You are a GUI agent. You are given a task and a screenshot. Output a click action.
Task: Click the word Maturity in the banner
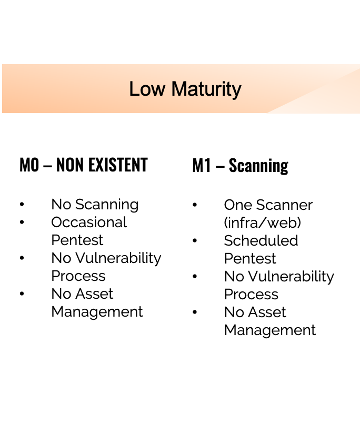(x=206, y=89)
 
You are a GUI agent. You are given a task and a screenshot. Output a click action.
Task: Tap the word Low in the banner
(x=147, y=89)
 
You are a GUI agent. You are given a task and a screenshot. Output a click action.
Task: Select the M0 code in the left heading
(x=29, y=165)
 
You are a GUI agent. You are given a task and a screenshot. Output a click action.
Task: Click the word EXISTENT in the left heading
(x=118, y=165)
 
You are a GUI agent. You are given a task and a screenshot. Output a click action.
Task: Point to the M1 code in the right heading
(x=202, y=166)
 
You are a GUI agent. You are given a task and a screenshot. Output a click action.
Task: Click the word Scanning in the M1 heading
(x=258, y=166)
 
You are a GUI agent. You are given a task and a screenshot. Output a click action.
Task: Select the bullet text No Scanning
(x=95, y=205)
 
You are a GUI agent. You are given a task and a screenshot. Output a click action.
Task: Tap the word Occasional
(x=89, y=222)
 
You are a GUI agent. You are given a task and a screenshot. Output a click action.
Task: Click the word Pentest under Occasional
(x=77, y=240)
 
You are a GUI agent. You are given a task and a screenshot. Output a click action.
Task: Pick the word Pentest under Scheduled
(x=250, y=259)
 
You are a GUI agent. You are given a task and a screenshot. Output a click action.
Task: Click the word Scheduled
(x=261, y=241)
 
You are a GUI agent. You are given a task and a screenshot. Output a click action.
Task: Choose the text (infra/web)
(x=263, y=223)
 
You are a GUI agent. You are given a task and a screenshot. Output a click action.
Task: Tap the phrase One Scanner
(x=268, y=205)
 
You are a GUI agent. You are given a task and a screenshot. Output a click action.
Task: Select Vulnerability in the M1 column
(x=291, y=277)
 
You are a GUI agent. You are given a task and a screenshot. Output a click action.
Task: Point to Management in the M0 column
(x=97, y=312)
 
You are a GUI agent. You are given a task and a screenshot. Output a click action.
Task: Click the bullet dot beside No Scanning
(x=22, y=204)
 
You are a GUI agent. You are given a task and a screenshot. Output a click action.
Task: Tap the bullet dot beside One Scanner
(x=195, y=205)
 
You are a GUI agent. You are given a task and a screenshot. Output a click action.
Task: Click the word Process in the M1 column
(x=251, y=295)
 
